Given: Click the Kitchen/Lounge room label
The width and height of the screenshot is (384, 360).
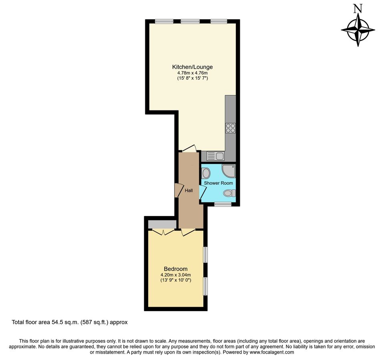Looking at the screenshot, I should click(192, 67).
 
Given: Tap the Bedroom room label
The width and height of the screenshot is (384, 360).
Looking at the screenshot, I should click(175, 269).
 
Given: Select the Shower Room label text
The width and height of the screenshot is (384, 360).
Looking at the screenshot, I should click(218, 183).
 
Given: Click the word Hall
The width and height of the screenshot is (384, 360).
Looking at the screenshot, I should click(189, 191).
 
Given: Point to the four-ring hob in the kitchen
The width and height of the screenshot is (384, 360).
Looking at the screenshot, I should click(230, 128).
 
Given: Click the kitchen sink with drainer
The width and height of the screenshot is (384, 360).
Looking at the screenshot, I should click(215, 156).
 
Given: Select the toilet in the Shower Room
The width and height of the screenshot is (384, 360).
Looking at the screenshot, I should click(229, 193).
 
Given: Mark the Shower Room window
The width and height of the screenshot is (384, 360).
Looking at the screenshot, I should click(223, 204).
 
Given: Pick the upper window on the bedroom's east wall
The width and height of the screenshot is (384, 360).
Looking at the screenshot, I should click(205, 254).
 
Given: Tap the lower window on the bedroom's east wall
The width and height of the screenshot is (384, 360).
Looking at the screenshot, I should click(205, 286).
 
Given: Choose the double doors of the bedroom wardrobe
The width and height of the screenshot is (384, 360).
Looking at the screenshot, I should click(163, 232).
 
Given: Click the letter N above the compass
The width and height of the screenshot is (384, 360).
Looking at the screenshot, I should click(358, 9).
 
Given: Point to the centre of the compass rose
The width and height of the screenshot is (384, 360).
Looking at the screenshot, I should click(358, 30).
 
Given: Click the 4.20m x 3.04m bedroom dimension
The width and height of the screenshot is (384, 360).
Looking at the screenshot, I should click(175, 275).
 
